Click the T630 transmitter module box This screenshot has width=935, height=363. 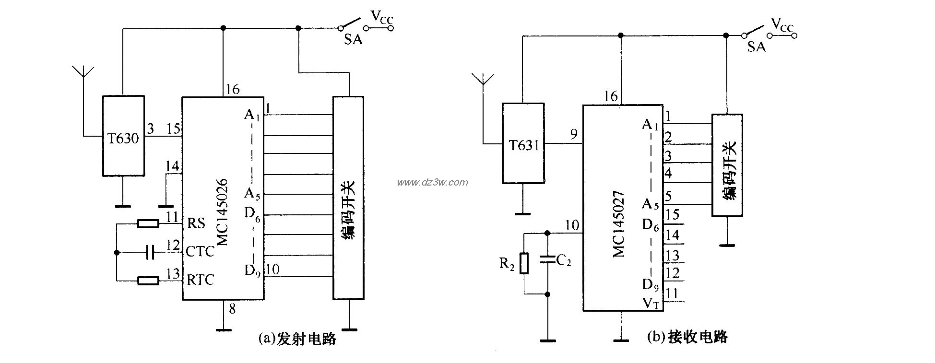pyautogui.click(x=123, y=136)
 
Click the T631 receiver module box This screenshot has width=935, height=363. pyautogui.click(x=523, y=143)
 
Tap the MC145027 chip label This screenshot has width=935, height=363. pyautogui.click(x=619, y=224)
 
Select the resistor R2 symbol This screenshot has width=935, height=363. pyautogui.click(x=524, y=263)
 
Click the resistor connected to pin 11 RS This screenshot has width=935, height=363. pyautogui.click(x=148, y=223)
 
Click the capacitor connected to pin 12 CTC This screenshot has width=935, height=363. pyautogui.click(x=150, y=252)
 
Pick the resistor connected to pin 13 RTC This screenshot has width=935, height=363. pyautogui.click(x=148, y=281)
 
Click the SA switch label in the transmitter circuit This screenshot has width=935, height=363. pyautogui.click(x=353, y=40)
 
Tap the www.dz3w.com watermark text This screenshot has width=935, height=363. pyautogui.click(x=432, y=182)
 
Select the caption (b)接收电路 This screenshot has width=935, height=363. pyautogui.click(x=687, y=337)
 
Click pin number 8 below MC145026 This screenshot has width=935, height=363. pyautogui.click(x=232, y=309)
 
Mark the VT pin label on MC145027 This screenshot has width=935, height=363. pyautogui.click(x=650, y=303)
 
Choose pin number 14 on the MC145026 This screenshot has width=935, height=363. pyautogui.click(x=172, y=166)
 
